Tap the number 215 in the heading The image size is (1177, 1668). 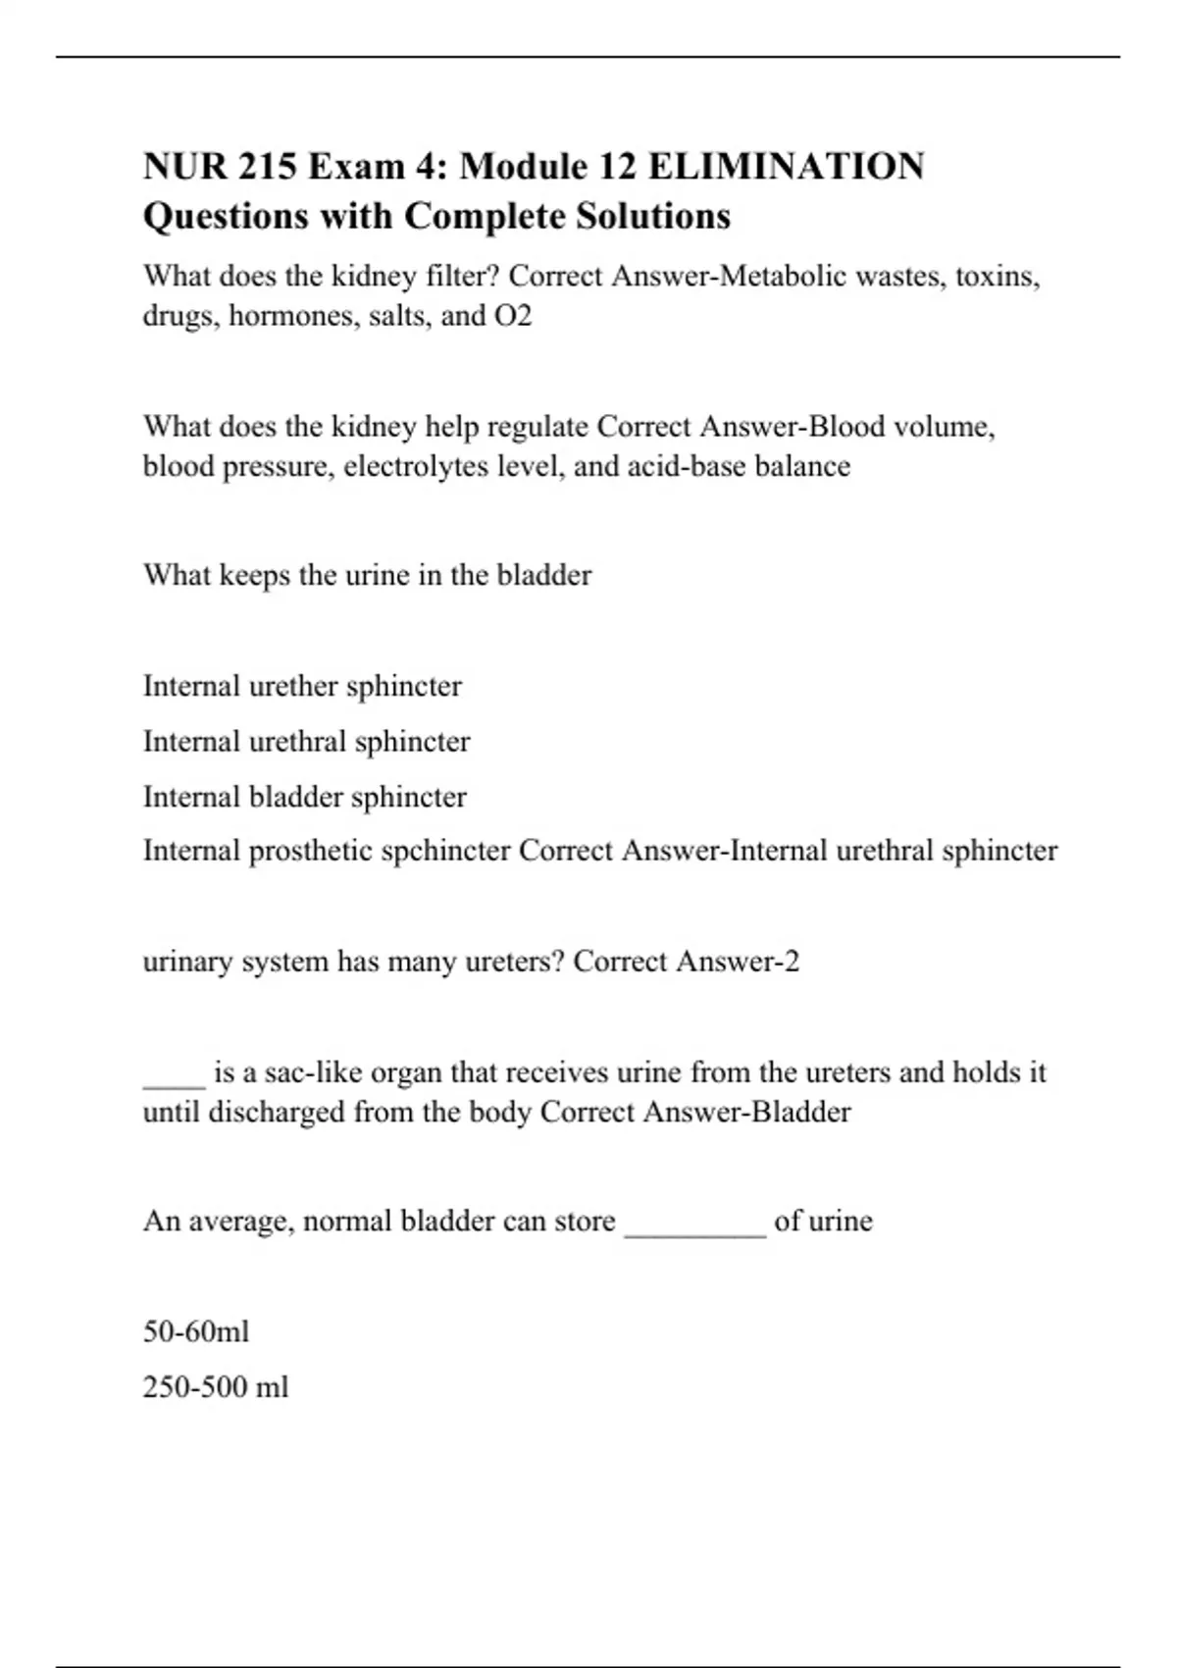pyautogui.click(x=265, y=167)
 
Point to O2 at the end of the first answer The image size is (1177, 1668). pyautogui.click(x=513, y=316)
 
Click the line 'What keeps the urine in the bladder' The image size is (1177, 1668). pyautogui.click(x=367, y=575)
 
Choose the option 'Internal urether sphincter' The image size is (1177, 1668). pyautogui.click(x=302, y=686)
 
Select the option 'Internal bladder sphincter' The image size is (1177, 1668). pyautogui.click(x=304, y=797)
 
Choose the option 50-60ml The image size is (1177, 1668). pyautogui.click(x=196, y=1331)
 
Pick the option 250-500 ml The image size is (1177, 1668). pyautogui.click(x=216, y=1387)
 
